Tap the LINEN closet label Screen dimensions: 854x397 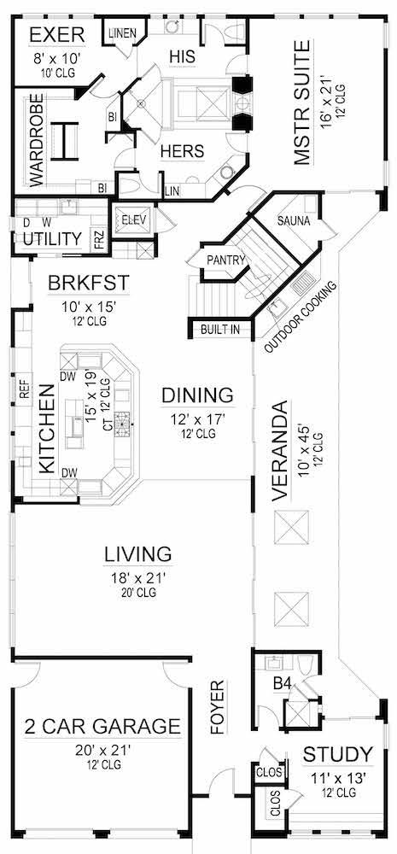tap(123, 32)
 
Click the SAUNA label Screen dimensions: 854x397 tap(293, 222)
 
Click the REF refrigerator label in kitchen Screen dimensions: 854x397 tap(24, 390)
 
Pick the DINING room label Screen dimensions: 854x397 tap(198, 395)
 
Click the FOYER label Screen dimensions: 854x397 tap(219, 708)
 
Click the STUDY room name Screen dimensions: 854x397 tap(337, 754)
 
